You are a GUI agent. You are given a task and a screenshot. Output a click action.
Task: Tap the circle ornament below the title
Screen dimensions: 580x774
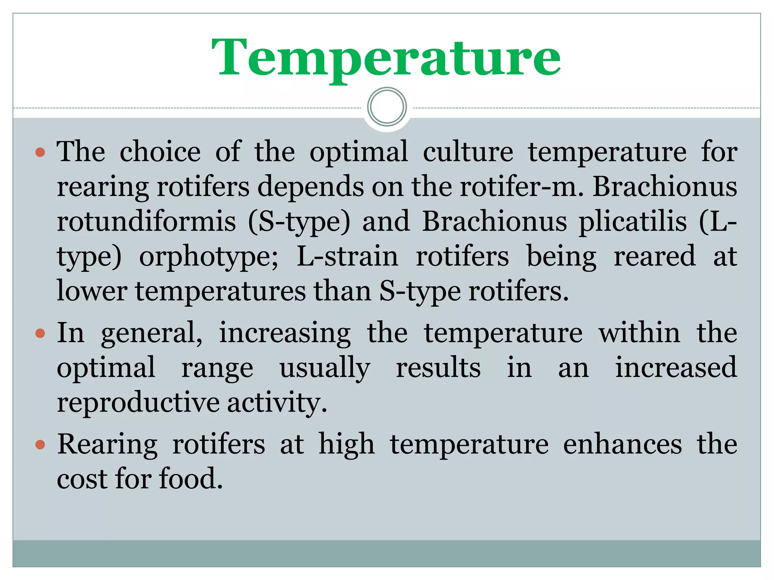pos(387,107)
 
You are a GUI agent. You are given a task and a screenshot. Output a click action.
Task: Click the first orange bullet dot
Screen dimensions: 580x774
pos(40,153)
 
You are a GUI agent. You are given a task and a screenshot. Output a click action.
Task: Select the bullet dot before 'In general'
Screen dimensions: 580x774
pos(40,333)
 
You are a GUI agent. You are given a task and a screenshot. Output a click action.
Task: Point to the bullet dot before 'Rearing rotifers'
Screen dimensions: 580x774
pos(40,444)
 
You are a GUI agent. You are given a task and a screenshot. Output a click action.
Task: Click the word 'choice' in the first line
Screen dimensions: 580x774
pos(160,152)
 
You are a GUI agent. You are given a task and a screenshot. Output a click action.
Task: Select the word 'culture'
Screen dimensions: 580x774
pos(468,152)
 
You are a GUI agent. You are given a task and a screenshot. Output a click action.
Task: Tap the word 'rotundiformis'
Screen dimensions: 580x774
pos(146,222)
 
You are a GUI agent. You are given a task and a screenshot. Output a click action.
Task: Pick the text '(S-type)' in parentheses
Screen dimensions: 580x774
pos(299,222)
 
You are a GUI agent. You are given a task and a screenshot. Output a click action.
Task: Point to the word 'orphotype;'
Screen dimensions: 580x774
pos(209,257)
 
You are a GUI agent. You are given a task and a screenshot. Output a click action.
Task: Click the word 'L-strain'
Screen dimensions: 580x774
pos(347,256)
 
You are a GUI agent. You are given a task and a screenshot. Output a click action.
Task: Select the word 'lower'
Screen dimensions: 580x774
pos(92,292)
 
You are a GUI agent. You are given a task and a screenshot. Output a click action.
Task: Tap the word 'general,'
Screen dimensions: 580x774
pos(152,334)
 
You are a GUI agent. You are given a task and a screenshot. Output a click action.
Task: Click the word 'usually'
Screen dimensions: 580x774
pos(325,368)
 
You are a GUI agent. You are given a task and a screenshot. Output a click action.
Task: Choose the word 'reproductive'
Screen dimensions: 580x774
pos(138,403)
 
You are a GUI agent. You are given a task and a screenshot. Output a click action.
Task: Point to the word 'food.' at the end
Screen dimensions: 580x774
pos(191,479)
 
